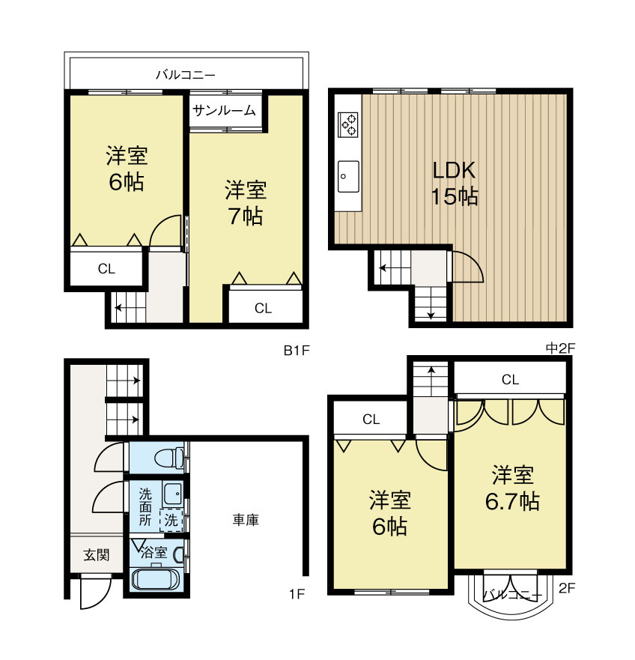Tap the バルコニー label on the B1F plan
click(x=186, y=75)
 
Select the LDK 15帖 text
click(x=455, y=183)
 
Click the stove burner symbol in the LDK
click(x=348, y=124)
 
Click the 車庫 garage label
click(x=246, y=519)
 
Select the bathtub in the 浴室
click(x=154, y=579)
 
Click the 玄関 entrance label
click(x=97, y=555)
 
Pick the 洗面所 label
click(x=145, y=507)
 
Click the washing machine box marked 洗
click(x=171, y=520)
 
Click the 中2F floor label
click(x=558, y=348)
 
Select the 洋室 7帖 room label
click(x=245, y=203)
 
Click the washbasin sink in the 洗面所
click(x=171, y=493)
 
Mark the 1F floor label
click(x=297, y=595)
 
